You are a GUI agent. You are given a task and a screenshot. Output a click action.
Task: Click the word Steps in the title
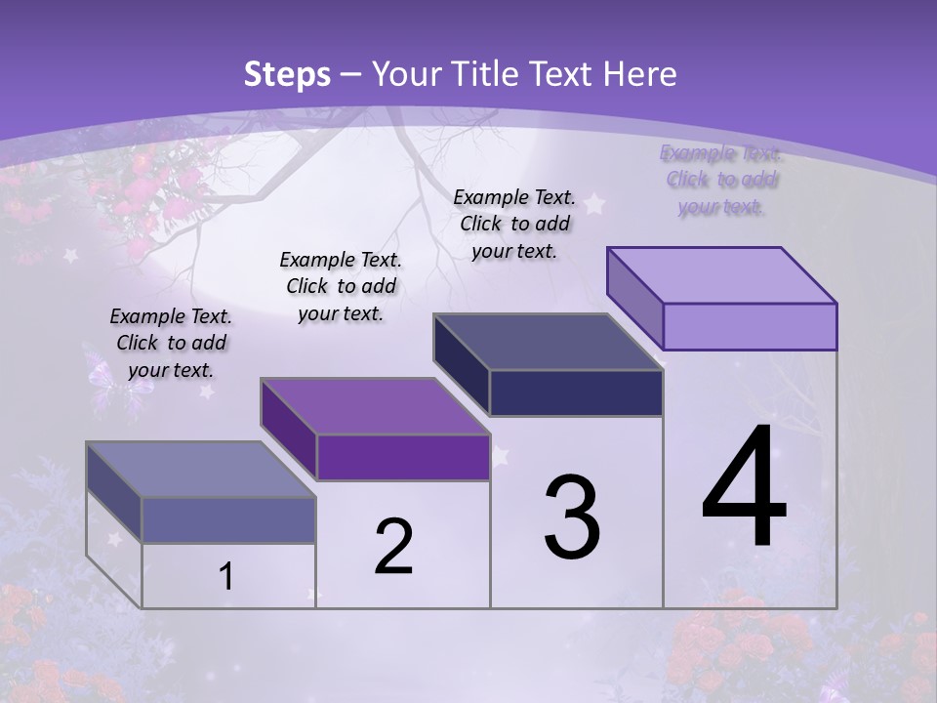(287, 74)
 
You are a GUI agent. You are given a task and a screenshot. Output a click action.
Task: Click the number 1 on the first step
(226, 577)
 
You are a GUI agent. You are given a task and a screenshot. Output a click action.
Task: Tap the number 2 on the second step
(393, 547)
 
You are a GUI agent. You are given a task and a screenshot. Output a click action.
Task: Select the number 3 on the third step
(572, 517)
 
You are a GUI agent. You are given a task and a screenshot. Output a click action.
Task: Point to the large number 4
(744, 488)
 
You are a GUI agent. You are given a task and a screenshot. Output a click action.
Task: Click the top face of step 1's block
(200, 470)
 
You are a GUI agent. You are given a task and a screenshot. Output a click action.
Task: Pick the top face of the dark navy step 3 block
(548, 342)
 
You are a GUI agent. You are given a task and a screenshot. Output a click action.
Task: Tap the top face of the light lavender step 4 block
(722, 274)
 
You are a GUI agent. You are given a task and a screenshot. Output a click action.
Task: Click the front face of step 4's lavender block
(750, 326)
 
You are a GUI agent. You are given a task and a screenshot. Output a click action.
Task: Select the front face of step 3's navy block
(576, 393)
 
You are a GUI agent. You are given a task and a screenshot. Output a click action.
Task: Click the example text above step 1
(171, 343)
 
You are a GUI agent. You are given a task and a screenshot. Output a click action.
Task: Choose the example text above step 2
(341, 286)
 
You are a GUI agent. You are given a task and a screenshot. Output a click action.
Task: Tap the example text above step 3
(514, 224)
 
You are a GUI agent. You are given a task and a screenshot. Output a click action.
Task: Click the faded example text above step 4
(720, 180)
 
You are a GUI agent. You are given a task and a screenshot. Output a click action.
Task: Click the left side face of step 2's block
(288, 429)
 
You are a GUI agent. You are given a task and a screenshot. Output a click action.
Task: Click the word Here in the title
(639, 74)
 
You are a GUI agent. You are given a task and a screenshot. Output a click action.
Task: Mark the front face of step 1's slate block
(228, 519)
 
